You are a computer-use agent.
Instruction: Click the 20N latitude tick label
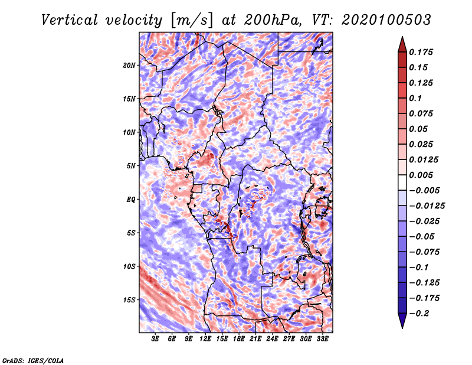(129, 65)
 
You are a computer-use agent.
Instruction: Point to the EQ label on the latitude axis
(130, 200)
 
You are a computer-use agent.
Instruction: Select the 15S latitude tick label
(129, 300)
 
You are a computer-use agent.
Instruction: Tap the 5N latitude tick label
(131, 166)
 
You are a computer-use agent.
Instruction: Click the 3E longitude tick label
(155, 338)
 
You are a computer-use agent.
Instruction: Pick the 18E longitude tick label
(239, 338)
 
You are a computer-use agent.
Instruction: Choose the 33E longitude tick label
(322, 338)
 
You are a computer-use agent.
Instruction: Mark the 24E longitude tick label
(272, 338)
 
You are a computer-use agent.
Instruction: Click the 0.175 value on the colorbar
(421, 52)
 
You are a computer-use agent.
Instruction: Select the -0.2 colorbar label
(419, 314)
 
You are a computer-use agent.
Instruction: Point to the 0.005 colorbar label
(421, 175)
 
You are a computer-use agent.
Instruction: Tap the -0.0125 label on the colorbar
(427, 206)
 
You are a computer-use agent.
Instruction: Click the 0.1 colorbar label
(415, 98)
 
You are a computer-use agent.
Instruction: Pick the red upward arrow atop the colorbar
(402, 44)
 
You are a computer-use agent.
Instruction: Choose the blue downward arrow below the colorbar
(402, 321)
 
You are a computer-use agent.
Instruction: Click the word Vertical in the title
(69, 20)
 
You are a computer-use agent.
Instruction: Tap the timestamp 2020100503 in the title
(386, 20)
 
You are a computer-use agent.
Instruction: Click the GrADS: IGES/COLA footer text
(33, 360)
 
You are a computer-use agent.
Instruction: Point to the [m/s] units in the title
(192, 21)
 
